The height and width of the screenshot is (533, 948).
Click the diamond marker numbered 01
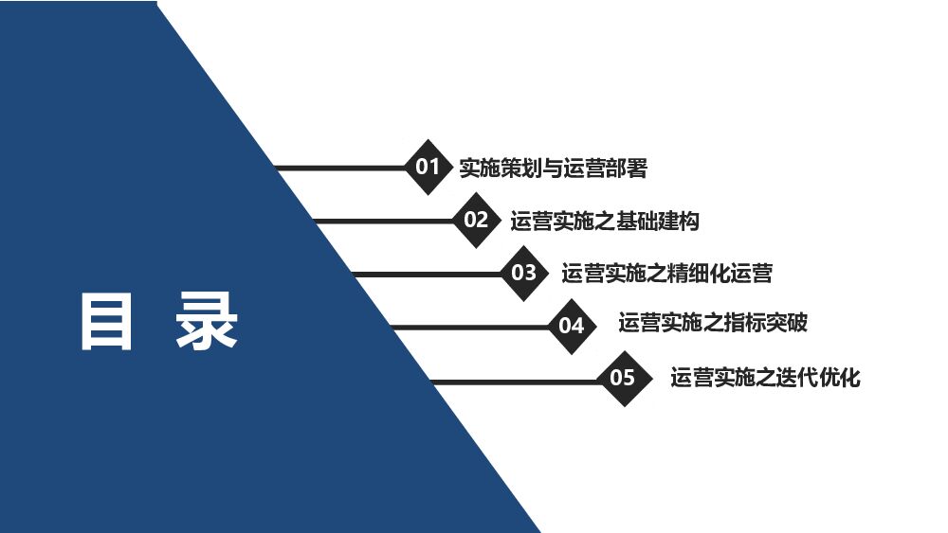click(x=428, y=168)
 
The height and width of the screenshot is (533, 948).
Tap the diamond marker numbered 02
click(x=476, y=221)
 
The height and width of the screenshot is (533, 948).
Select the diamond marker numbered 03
click(x=524, y=274)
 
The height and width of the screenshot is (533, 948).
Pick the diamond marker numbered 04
click(x=572, y=327)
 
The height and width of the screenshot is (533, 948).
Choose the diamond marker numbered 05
click(x=622, y=379)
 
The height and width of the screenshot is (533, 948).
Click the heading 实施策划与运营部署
click(x=553, y=169)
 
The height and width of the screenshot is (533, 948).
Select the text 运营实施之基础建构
click(x=605, y=222)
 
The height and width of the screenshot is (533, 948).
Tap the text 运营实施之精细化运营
click(x=666, y=274)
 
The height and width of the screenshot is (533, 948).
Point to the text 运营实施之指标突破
click(x=713, y=323)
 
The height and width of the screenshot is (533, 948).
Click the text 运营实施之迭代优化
click(x=765, y=378)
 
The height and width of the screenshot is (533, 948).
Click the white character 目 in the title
click(x=105, y=323)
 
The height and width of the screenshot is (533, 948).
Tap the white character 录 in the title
click(x=207, y=323)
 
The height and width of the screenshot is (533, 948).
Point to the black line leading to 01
click(x=341, y=169)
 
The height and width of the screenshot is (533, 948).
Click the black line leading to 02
click(x=384, y=222)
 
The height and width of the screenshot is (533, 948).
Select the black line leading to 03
click(x=427, y=275)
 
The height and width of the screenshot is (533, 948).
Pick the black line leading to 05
click(x=517, y=381)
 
